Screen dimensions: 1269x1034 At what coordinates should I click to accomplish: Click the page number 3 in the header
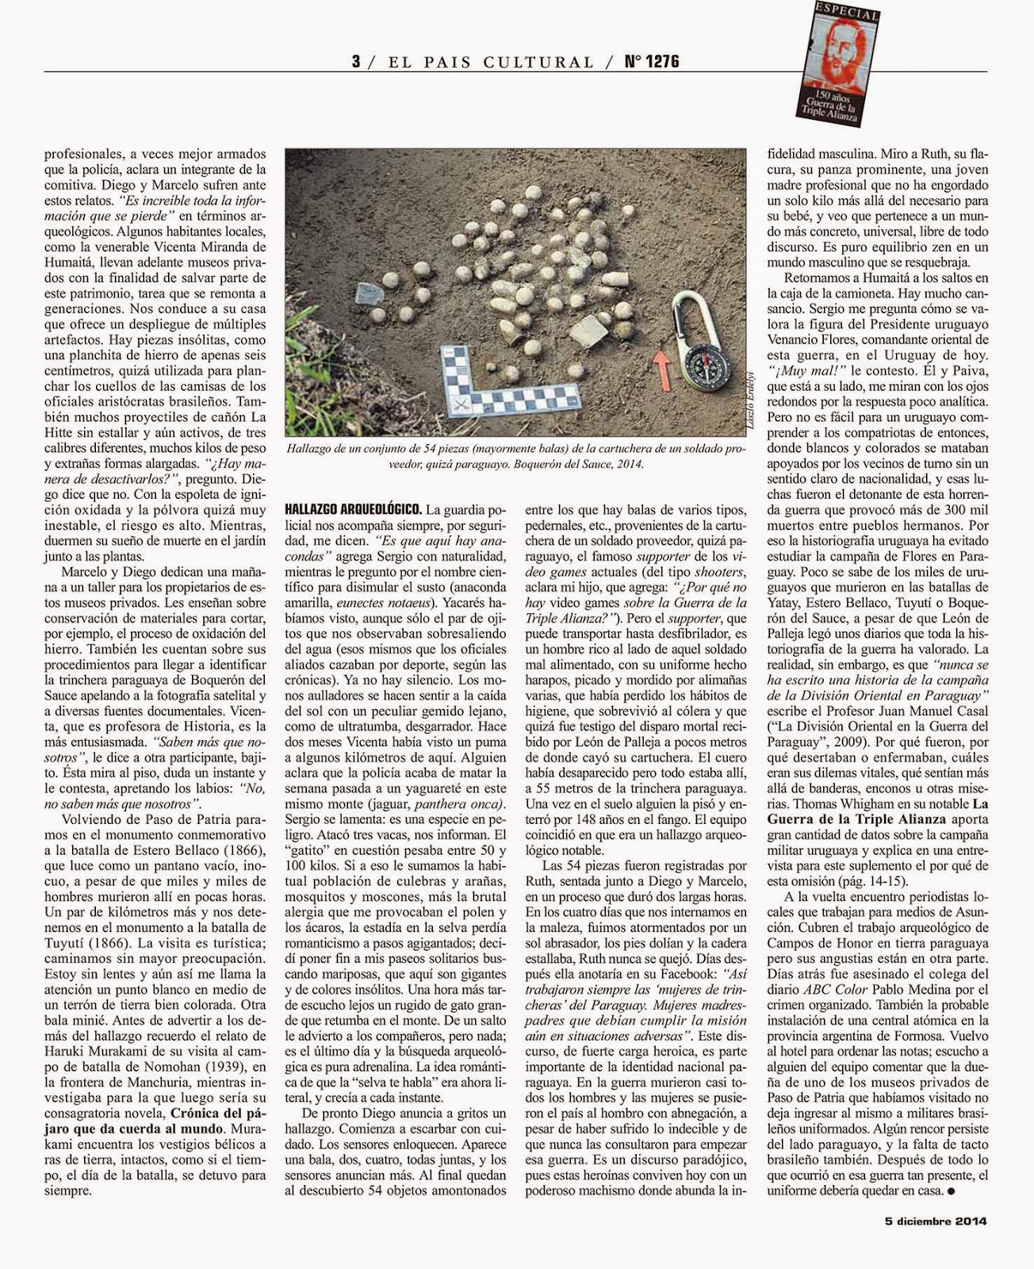coord(357,62)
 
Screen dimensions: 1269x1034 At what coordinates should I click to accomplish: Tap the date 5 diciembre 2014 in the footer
coord(936,1244)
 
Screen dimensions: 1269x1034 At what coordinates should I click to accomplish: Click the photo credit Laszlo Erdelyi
coord(751,404)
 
